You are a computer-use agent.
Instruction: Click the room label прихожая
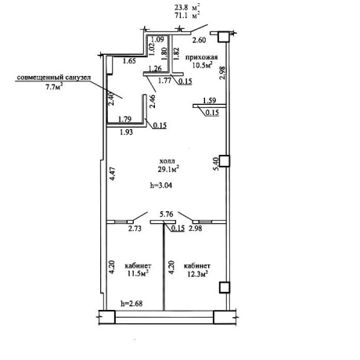201,57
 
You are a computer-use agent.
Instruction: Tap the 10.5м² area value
202,65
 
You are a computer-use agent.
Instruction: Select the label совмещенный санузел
54,77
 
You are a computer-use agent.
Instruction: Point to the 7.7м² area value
54,87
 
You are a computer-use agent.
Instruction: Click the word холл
167,161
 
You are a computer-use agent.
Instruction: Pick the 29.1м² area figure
168,169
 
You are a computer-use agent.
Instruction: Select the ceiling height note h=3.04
161,185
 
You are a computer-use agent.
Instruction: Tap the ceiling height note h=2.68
131,304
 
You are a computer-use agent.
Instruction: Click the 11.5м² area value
138,274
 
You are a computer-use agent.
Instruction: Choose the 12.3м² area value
197,274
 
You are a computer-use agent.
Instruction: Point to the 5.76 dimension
167,214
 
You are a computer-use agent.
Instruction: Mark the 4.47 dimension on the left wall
113,174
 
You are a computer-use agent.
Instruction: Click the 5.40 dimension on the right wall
216,164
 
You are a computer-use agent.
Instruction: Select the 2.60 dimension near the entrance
199,40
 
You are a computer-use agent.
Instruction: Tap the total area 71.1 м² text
187,16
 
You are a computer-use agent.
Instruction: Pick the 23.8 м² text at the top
187,8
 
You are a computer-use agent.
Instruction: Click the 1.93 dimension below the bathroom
126,132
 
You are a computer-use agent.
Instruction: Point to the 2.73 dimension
135,229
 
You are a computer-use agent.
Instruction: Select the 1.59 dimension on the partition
210,100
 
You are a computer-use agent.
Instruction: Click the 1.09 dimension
157,39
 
